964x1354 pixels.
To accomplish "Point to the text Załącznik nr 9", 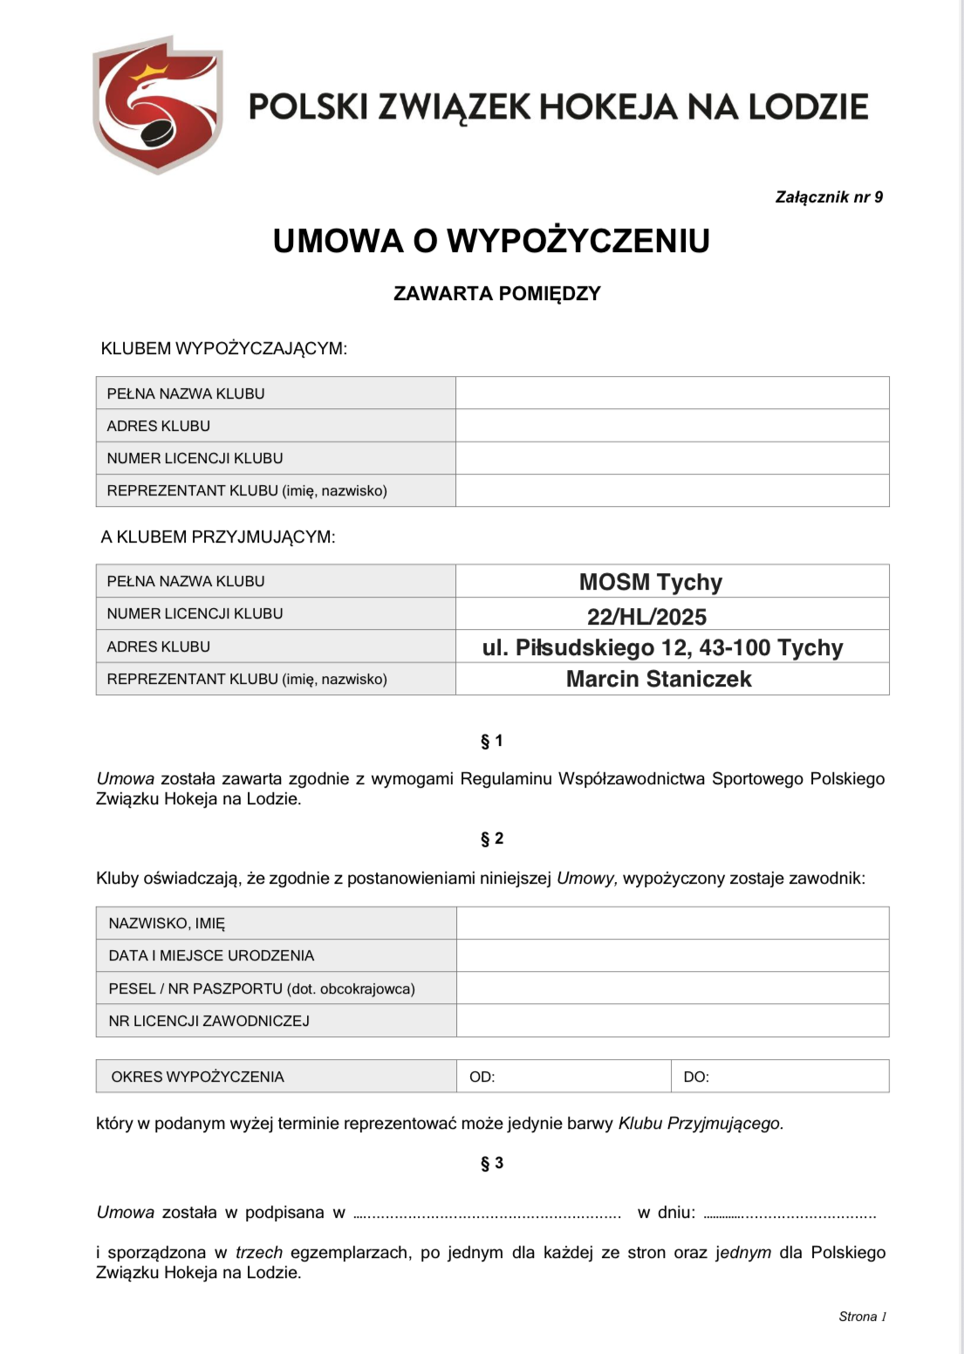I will point(829,197).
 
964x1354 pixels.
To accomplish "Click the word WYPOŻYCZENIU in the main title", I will point(578,241).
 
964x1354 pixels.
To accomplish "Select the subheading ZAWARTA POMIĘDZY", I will point(496,293).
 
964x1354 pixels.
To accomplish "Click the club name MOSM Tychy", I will point(651,582).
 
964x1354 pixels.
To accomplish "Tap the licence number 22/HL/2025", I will point(646,617).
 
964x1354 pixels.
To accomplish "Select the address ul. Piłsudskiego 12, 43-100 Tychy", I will point(662,647).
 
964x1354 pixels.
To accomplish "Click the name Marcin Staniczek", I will point(659,679).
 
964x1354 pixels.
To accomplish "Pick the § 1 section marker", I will point(492,741).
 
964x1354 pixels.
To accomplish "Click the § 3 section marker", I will point(492,1163).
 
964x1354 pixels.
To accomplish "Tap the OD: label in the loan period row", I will point(482,1077).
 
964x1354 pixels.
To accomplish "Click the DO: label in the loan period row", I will point(696,1077).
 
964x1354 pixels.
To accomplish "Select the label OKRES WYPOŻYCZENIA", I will point(197,1077).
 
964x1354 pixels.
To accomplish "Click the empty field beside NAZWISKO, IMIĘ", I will point(672,923).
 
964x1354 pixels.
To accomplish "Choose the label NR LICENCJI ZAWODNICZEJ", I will point(209,1021).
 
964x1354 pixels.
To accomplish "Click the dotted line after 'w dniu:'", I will point(790,1214).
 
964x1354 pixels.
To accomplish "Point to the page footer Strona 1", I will point(862,1316).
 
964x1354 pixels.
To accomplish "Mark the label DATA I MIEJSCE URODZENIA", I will point(211,955).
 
